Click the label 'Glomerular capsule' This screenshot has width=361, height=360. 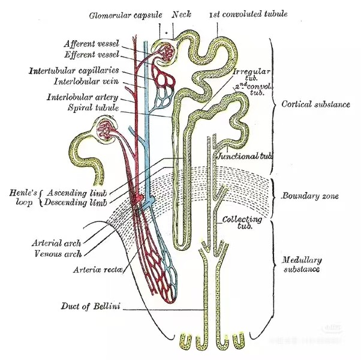point(125,15)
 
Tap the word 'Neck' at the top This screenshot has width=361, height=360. point(182,14)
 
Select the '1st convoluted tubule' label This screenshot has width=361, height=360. point(248,14)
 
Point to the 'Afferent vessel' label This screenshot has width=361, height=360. point(91,44)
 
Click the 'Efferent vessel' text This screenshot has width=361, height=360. point(92,55)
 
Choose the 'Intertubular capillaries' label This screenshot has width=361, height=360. point(74,70)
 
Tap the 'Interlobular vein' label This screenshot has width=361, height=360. point(86,82)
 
